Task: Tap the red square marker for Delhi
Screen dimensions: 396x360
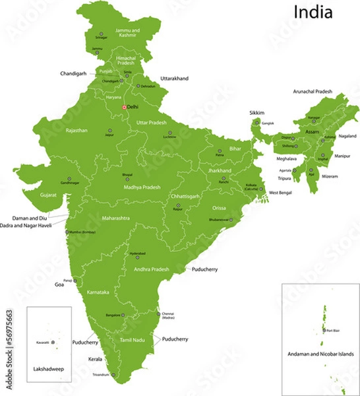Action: [123, 107]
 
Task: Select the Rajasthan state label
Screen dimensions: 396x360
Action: [76, 131]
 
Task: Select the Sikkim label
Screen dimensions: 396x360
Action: [256, 113]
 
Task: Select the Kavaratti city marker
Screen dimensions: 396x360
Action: [53, 343]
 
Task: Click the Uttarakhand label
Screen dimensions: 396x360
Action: [174, 79]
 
